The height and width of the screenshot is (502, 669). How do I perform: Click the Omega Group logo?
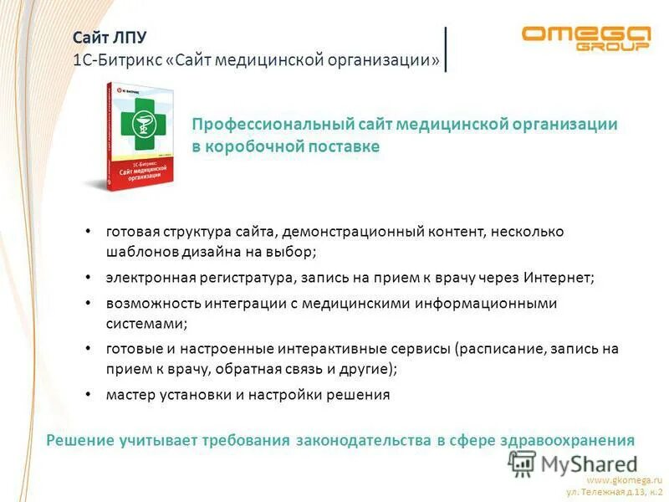585,38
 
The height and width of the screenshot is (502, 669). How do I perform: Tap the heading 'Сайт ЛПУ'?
108,38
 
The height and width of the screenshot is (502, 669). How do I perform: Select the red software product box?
138,134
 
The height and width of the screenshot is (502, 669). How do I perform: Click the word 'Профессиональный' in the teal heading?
263,125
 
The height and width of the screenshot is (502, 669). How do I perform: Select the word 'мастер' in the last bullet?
127,395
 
